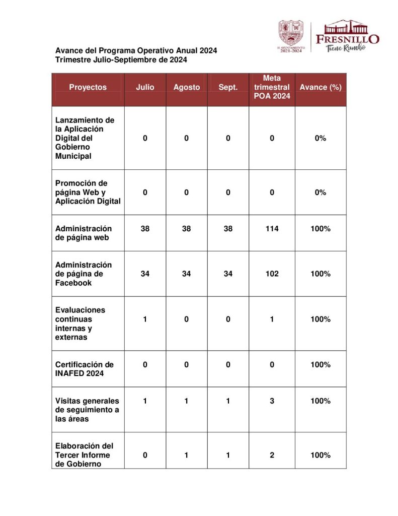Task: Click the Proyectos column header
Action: (88, 87)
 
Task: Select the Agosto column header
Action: (186, 87)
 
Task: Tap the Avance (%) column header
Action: (321, 87)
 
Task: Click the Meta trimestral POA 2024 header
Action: (272, 87)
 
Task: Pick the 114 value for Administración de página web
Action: (272, 229)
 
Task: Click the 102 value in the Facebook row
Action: (272, 274)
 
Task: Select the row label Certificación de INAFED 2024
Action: (85, 369)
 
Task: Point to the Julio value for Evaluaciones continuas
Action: (145, 319)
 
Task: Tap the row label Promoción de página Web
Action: (88, 192)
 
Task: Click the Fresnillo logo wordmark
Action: (347, 38)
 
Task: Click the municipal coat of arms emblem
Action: (292, 33)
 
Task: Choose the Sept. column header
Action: (228, 87)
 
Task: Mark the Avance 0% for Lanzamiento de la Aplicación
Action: (321, 138)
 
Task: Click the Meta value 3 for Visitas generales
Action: (272, 401)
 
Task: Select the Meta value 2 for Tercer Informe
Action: (272, 456)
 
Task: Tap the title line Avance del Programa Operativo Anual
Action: (136, 51)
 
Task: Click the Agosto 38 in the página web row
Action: (186, 229)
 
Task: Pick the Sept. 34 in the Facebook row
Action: (228, 274)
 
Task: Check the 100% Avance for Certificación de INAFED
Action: (321, 365)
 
